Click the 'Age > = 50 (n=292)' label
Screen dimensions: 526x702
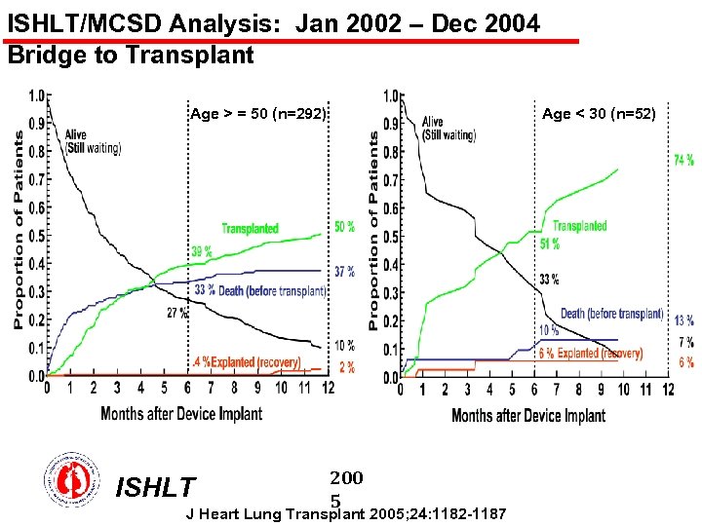pos(257,114)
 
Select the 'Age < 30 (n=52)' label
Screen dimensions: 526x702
pos(600,114)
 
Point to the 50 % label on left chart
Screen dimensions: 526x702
pos(344,227)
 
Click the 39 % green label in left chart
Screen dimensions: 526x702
pos(203,250)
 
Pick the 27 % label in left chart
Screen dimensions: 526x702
pos(176,313)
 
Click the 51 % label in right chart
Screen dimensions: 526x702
pos(549,243)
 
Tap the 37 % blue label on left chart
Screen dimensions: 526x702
pos(344,271)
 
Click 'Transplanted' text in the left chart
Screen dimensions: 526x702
pos(250,229)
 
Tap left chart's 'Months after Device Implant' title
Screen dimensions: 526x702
pos(181,413)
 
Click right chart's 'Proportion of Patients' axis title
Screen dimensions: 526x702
pos(374,231)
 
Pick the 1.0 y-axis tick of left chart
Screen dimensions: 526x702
pos(35,95)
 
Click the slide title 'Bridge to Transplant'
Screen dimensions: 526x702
pos(130,56)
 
